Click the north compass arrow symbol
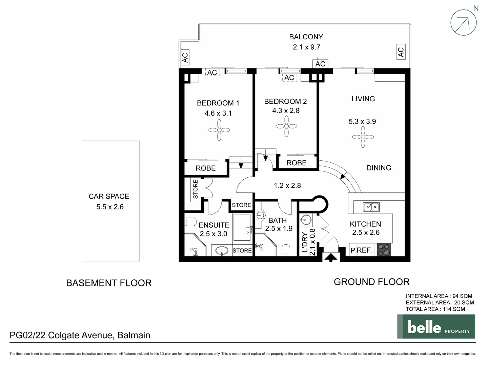463,22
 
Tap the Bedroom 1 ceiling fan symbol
219,130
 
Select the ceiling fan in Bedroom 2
286,126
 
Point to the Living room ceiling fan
363,137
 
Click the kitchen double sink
371,206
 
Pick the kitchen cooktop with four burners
384,250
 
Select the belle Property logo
436,326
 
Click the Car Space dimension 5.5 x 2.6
110,207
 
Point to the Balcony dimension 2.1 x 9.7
306,47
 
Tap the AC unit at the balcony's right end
401,52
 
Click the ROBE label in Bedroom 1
206,168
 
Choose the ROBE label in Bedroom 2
297,163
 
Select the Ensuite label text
214,225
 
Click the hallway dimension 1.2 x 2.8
287,185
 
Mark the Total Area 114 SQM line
435,309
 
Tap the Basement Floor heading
109,283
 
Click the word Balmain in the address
134,335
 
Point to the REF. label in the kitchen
364,250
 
